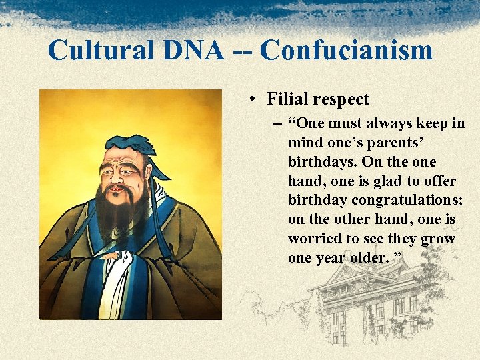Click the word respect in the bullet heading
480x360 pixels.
[x=341, y=100]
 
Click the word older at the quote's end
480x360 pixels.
[x=365, y=258]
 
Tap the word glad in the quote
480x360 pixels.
[x=375, y=181]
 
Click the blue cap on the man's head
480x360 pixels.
[x=137, y=145]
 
